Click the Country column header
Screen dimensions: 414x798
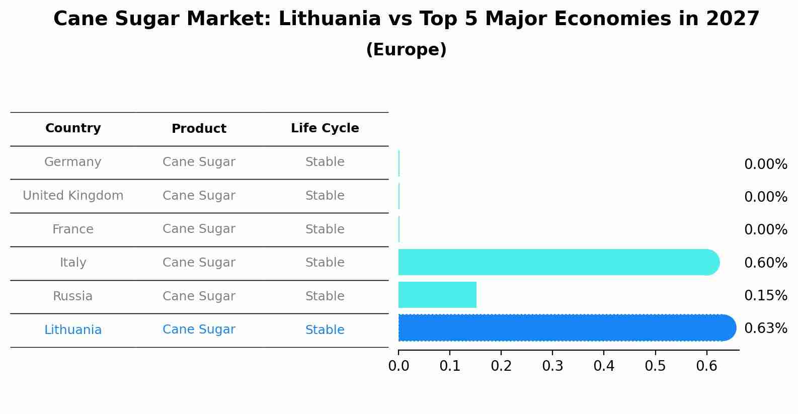point(73,128)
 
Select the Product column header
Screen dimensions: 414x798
point(199,129)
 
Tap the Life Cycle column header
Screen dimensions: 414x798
point(325,128)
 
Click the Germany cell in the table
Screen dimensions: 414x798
point(73,162)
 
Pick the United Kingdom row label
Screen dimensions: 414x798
point(73,196)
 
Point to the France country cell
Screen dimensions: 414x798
point(73,229)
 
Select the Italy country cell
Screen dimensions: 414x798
point(73,263)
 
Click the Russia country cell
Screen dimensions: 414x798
point(73,296)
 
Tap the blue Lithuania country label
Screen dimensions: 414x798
point(73,330)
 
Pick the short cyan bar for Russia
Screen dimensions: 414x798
point(437,295)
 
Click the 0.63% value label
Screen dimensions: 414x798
point(765,328)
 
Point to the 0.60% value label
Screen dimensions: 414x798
point(765,263)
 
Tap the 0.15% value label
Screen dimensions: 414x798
point(765,296)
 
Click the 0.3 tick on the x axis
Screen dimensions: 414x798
point(552,366)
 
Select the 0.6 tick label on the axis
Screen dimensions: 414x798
point(706,366)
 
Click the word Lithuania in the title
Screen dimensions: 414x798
point(330,19)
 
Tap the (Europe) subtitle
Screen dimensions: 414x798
point(406,50)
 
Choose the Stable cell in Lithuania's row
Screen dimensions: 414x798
point(325,330)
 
